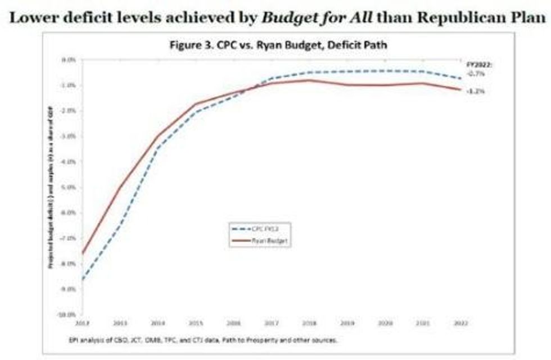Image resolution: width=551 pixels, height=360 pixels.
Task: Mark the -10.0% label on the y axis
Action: point(71,314)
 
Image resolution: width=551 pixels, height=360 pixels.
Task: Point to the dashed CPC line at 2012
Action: point(83,280)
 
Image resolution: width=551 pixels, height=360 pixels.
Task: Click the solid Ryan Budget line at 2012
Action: point(83,253)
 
